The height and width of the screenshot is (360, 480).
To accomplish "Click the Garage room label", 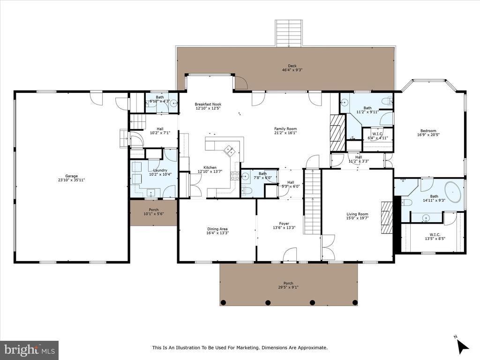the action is [x=71, y=176].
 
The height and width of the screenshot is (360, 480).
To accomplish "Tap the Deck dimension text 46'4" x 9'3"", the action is [x=292, y=70].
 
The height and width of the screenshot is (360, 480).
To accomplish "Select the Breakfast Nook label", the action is [x=208, y=104].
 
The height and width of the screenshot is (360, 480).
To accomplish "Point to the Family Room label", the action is [x=285, y=128].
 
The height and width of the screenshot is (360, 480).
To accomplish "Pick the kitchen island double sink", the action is [x=229, y=150].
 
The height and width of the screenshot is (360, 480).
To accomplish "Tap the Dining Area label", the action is [x=217, y=229].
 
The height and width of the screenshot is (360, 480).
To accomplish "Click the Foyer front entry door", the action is [x=290, y=255].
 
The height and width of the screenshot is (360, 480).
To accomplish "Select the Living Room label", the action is [x=357, y=214].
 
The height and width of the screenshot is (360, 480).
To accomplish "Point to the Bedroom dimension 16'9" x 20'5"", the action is [x=428, y=135].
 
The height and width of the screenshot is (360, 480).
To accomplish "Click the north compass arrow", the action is [x=463, y=346].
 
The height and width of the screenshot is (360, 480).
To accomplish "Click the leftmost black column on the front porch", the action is [x=224, y=302].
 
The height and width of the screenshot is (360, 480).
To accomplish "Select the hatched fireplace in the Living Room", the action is [x=387, y=217].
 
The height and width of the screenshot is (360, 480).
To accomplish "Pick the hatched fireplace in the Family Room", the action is [x=337, y=133].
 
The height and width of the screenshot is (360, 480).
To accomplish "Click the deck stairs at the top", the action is [x=289, y=33].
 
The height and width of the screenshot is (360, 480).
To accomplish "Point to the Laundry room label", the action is [x=160, y=170].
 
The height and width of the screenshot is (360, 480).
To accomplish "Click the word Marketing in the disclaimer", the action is [x=248, y=347].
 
